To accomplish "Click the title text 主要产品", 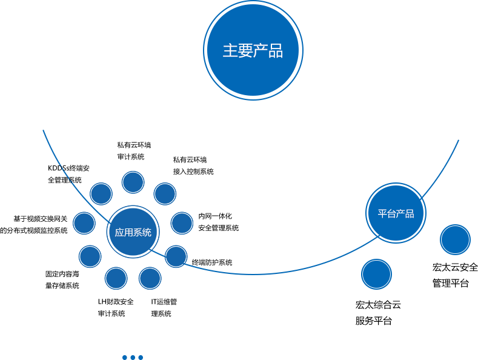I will pos(253,51).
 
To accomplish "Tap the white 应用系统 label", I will pos(133,233).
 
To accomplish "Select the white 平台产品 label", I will pos(396,214).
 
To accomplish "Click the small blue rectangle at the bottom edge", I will pos(132,357).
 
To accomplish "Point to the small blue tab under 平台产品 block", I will pos(376,282).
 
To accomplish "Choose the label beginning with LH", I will pos(115,307).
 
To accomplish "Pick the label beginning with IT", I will pos(164,307).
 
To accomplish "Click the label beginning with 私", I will pos(133,151).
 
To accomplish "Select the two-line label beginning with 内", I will pos(217,222).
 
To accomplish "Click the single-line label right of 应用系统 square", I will pos(212,262).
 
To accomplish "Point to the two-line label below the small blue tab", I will pos(377,313).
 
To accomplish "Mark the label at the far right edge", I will pos(455,275).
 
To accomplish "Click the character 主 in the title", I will pos(230,51).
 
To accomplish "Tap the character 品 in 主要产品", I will pos(276,51).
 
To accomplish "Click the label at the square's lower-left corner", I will pos(62,279).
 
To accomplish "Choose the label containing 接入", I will pos(193,166).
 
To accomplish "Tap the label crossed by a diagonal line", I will pos(68,174).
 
